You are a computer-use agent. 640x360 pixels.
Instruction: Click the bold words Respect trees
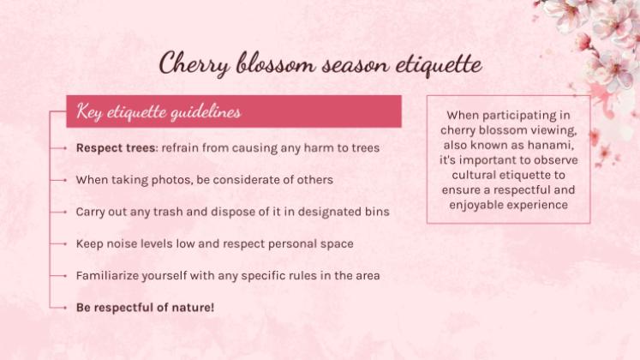[109, 147]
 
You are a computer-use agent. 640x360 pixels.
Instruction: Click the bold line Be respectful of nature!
[145, 306]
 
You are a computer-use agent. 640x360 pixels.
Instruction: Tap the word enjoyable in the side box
[479, 205]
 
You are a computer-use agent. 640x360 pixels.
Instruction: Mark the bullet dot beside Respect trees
[64, 147]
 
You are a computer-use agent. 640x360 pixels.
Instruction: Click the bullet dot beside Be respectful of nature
[64, 306]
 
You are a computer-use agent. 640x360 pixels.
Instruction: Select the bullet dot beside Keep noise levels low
[64, 243]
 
